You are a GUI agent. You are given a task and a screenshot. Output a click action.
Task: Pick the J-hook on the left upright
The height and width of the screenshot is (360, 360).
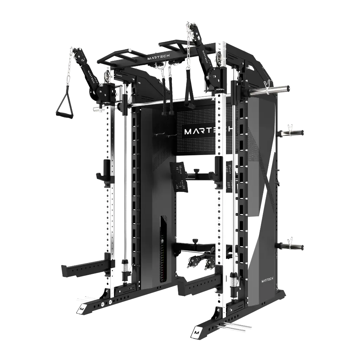[x=105, y=170]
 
